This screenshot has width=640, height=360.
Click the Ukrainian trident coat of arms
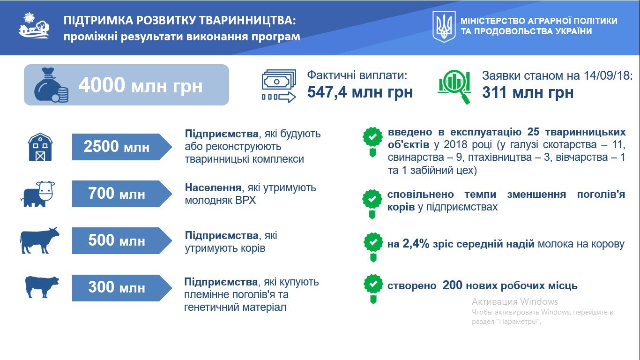(x=444, y=27)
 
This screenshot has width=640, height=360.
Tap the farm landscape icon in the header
(x=34, y=25)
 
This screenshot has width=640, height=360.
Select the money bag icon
(x=51, y=85)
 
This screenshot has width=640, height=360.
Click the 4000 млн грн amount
(x=140, y=85)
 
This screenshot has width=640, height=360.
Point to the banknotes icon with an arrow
(x=279, y=86)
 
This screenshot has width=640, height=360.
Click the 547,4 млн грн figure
(x=360, y=92)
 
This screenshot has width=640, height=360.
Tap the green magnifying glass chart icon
(x=454, y=86)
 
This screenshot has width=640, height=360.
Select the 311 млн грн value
(x=528, y=92)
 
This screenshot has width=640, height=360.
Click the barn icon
(x=40, y=147)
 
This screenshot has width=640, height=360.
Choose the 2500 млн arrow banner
(x=122, y=147)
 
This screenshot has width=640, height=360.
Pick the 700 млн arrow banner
(x=122, y=194)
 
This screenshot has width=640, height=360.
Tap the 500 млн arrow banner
(x=122, y=240)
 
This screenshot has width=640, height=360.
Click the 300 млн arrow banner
(x=122, y=288)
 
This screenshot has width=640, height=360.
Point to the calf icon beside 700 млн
(x=38, y=194)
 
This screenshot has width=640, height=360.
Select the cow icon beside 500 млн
(x=40, y=240)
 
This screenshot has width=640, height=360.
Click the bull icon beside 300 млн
(x=42, y=287)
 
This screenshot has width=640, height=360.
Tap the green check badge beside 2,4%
(x=373, y=247)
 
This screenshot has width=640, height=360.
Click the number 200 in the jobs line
(x=452, y=285)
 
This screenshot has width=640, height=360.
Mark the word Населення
(x=213, y=187)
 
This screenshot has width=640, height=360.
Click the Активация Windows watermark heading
(x=515, y=301)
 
